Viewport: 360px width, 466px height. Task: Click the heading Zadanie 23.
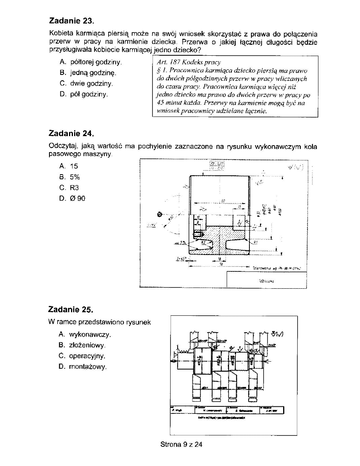pos(72,20)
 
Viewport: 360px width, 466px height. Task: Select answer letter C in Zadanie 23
pos(62,84)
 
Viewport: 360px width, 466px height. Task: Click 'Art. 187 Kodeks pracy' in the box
pos(189,62)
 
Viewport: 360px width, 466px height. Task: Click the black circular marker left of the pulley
pos(160,214)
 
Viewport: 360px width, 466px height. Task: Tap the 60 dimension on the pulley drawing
pos(223,201)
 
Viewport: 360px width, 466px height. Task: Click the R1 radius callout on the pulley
pos(255,242)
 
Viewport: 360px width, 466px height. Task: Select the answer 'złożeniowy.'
pos(88,345)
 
